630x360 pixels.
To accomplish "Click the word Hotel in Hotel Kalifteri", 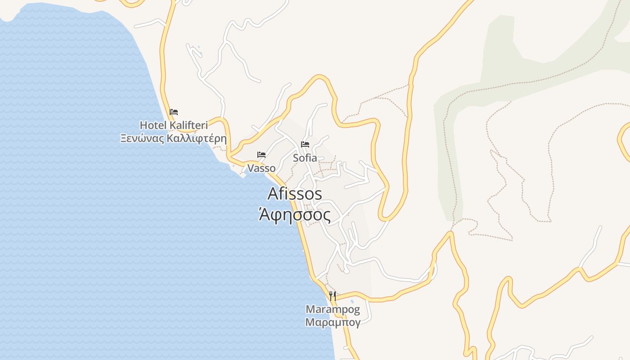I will coord(153,125).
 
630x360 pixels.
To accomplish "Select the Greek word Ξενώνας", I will coord(142,138).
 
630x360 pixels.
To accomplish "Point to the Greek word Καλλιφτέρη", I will coord(196,138).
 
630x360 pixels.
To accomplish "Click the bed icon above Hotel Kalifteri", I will coord(174,112).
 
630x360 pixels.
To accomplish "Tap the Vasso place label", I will coord(261,168).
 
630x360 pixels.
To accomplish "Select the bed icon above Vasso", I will coord(261,155).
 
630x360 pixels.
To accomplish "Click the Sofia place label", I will coord(305,158).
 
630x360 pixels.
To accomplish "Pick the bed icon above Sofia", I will coord(305,144).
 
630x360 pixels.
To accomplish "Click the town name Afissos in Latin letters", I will coord(295,194).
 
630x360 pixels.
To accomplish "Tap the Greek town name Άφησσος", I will coord(295,215).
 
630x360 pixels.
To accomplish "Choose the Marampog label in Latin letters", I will coord(333,310).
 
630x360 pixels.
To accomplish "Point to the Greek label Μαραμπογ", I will coord(333,323).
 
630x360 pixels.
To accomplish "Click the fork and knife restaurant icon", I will coord(333,296).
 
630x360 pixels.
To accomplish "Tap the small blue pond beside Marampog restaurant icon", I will coord(352,301).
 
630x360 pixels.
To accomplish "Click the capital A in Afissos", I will coord(273,194).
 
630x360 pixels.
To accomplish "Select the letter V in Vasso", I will coord(251,168).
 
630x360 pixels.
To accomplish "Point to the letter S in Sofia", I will coord(296,158).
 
